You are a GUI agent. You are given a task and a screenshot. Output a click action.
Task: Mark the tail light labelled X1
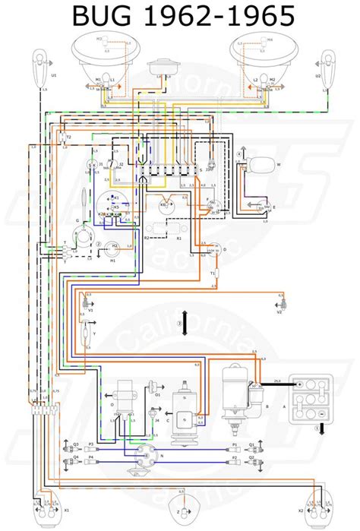(x=36, y=503)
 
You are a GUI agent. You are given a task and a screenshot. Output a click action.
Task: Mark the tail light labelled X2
(x=325, y=503)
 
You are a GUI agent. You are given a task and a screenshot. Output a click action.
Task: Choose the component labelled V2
(x=279, y=303)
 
